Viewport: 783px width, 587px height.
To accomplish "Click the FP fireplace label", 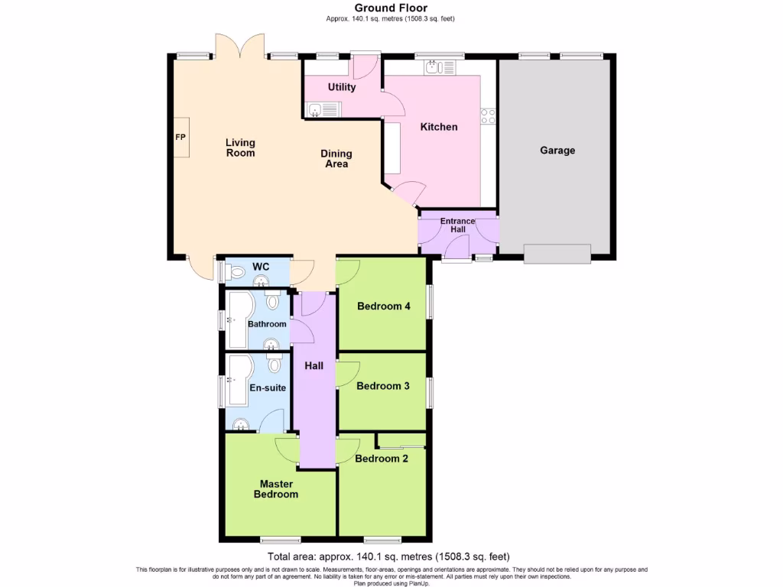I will [180, 138].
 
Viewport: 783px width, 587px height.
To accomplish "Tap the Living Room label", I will [240, 148].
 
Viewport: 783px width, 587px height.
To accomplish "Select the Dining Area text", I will [334, 158].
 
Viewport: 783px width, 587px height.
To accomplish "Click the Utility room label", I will [342, 87].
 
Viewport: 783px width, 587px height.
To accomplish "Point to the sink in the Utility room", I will [315, 111].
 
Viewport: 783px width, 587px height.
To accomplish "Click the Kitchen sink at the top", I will [434, 67].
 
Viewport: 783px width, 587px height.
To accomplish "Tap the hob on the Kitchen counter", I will [487, 116].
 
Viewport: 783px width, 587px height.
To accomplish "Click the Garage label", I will [557, 151].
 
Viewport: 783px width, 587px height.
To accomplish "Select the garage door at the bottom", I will [557, 253].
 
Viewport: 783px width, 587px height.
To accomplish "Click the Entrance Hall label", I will [457, 225].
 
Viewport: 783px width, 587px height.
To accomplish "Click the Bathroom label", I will [267, 324].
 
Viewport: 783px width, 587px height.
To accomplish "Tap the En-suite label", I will [268, 388].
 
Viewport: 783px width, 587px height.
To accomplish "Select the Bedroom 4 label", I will [384, 306].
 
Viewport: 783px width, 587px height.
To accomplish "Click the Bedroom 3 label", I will [382, 386].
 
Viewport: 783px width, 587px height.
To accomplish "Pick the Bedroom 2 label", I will [381, 459].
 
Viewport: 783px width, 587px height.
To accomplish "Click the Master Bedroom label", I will [276, 489].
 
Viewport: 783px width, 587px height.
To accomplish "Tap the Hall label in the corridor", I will [314, 366].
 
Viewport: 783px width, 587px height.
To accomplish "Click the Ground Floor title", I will [391, 8].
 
